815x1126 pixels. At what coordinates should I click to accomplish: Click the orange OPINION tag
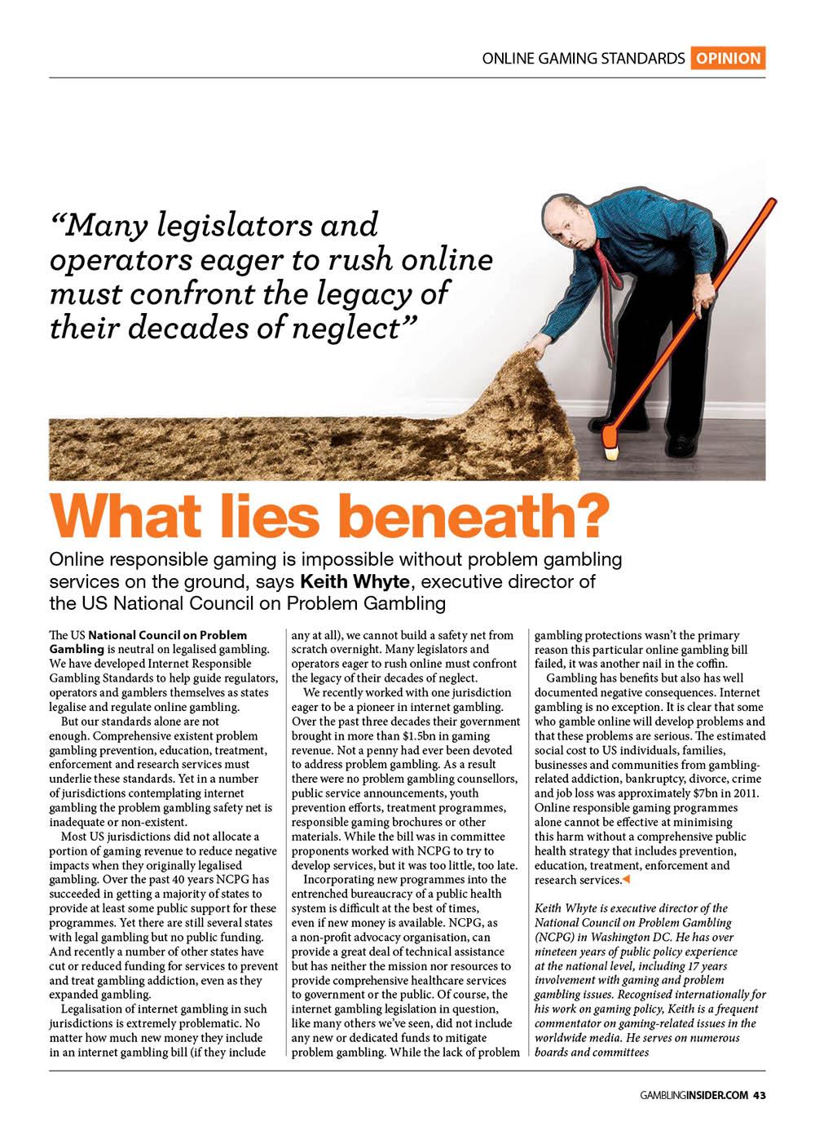tap(728, 58)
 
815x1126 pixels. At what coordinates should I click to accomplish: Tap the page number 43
tap(759, 1094)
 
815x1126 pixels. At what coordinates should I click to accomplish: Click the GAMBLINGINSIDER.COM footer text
tap(692, 1094)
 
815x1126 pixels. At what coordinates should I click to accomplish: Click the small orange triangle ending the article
tap(627, 880)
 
